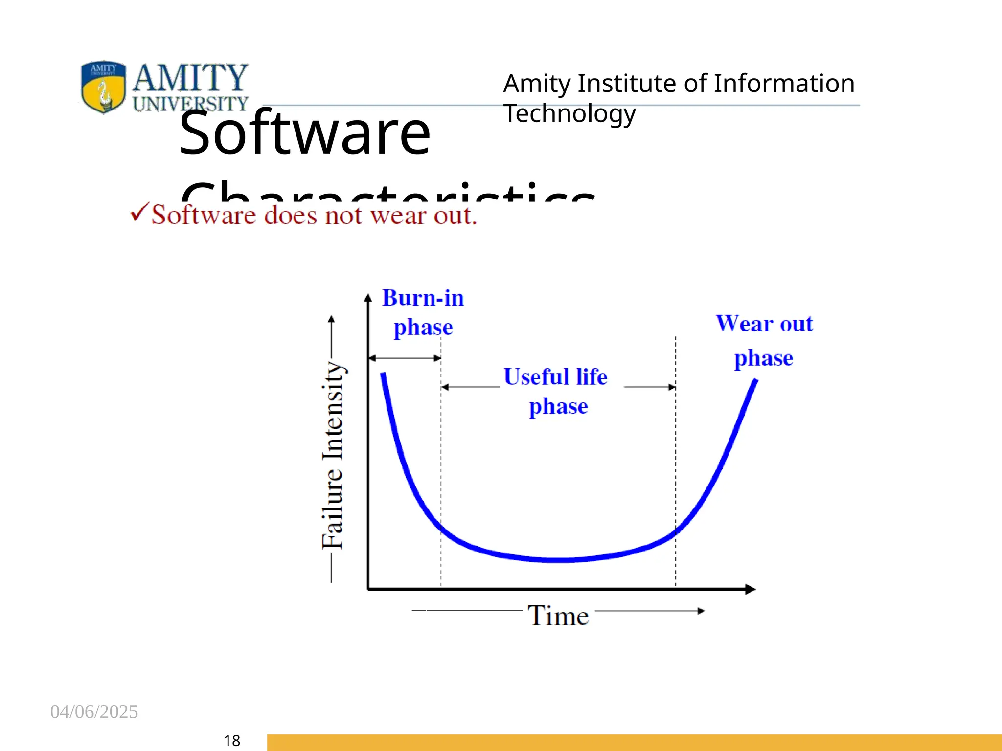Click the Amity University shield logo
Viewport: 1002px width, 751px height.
(x=103, y=87)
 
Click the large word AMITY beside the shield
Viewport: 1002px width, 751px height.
(x=190, y=78)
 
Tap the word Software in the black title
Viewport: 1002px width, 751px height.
(x=304, y=133)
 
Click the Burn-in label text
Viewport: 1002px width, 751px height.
(x=423, y=298)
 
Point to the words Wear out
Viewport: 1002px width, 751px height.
(x=764, y=324)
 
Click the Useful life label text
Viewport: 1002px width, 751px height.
(x=555, y=377)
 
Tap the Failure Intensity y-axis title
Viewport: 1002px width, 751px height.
(x=333, y=455)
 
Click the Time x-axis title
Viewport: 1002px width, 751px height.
(x=558, y=615)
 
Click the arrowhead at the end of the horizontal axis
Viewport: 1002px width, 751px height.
(x=751, y=589)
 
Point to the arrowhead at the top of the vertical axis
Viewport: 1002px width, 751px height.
(x=368, y=297)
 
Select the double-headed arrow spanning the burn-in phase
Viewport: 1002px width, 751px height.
(x=405, y=358)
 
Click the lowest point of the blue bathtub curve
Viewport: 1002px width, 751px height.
(x=558, y=560)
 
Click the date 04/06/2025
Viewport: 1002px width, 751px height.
(x=94, y=711)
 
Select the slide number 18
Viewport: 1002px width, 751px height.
(x=232, y=740)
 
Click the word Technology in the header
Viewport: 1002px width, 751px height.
(x=569, y=113)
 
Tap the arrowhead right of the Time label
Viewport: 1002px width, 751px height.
(x=701, y=611)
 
